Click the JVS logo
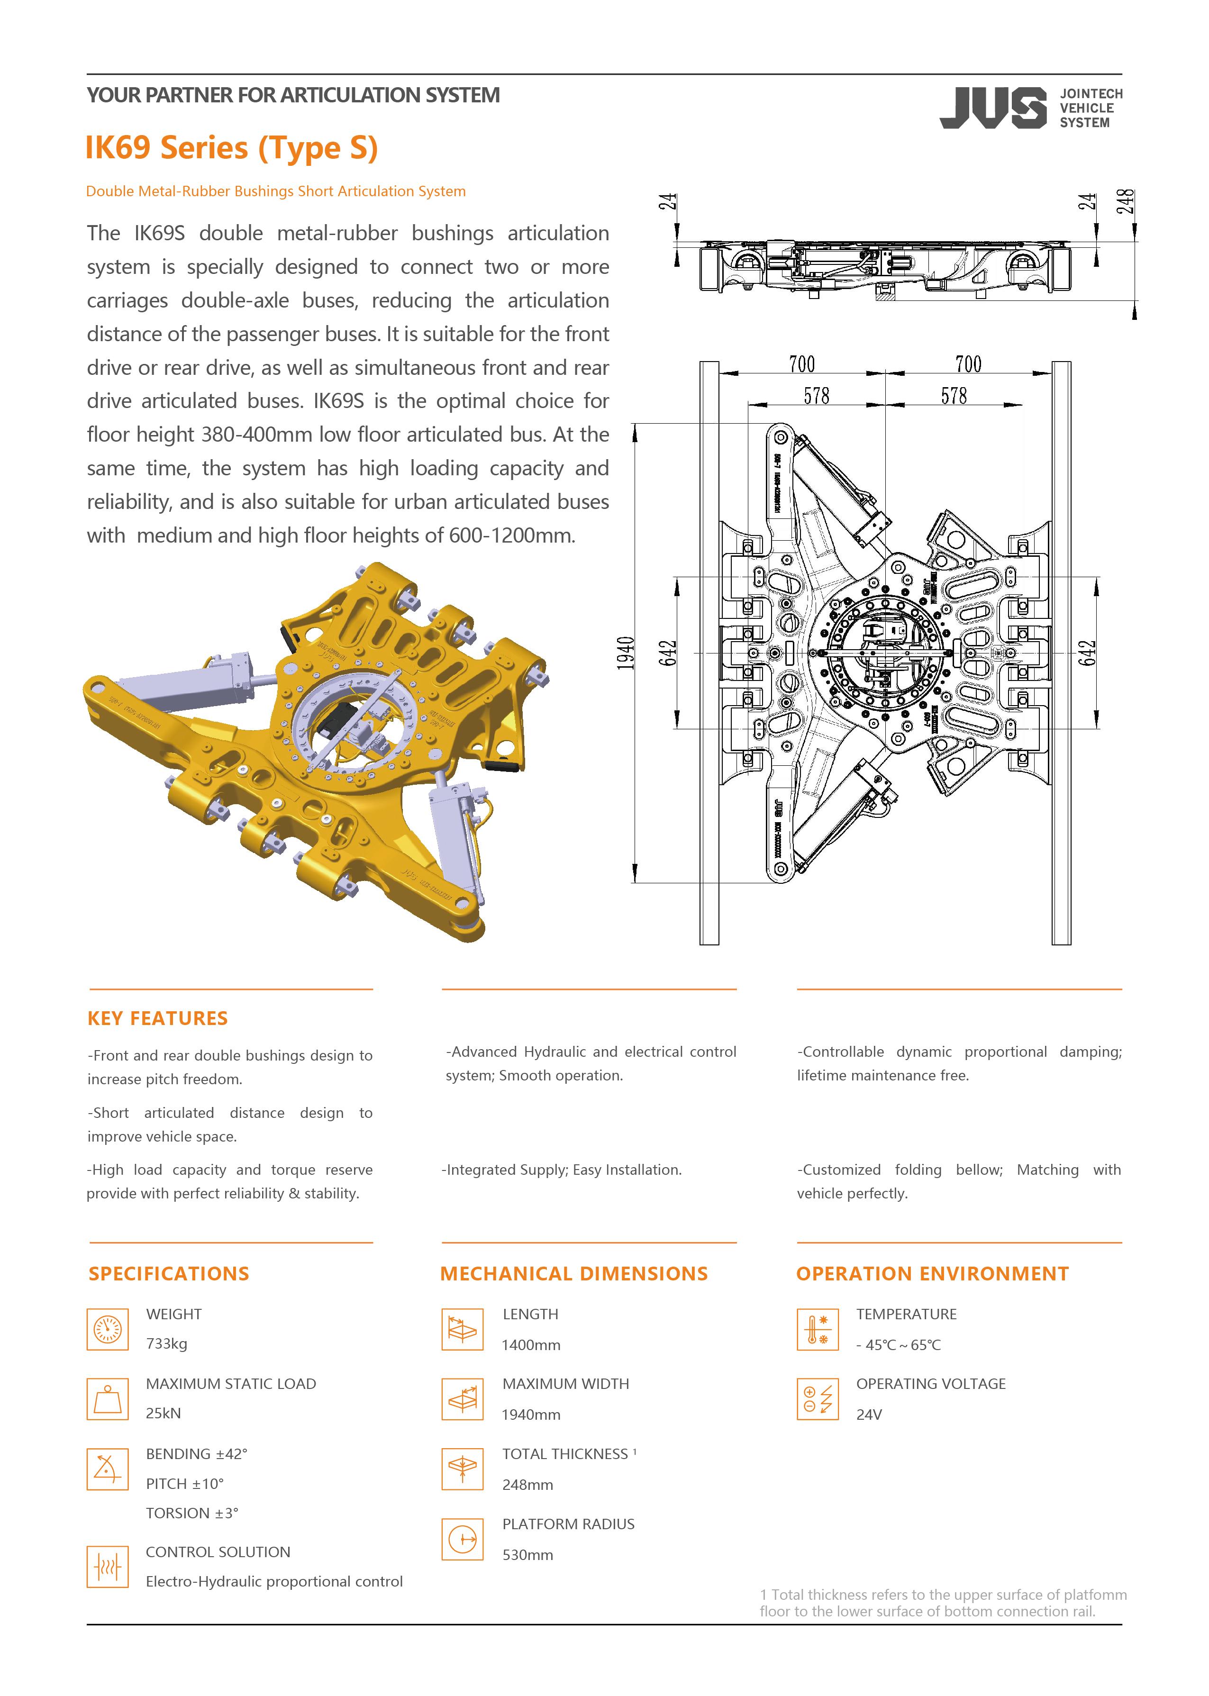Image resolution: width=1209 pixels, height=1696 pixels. coord(992,108)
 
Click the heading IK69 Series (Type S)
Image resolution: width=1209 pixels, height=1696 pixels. coord(232,147)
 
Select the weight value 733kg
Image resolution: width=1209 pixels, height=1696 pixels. coord(167,1343)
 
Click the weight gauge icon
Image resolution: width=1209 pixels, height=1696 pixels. coord(107,1329)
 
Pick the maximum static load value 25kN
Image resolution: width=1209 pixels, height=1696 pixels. coord(163,1413)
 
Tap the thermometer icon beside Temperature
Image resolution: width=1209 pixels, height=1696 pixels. coord(818,1329)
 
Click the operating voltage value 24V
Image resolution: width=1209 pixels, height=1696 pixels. coord(869,1415)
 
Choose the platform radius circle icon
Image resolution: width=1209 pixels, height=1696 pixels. coord(462,1539)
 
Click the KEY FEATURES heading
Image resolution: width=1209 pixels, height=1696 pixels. coord(157,1018)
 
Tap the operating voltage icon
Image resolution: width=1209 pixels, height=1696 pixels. coord(818,1399)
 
